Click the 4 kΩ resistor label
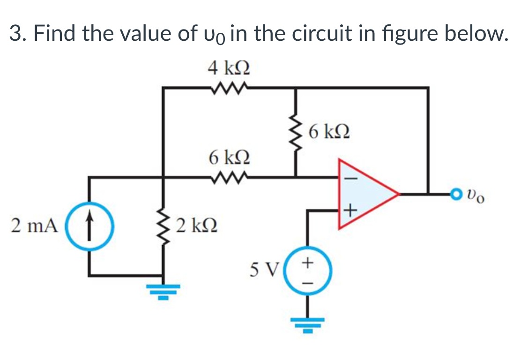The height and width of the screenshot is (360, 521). point(229,69)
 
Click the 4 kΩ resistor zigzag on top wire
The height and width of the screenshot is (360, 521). point(229,87)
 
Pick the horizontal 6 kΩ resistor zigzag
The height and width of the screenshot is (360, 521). point(229,177)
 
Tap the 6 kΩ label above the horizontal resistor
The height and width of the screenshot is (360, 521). point(229,157)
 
